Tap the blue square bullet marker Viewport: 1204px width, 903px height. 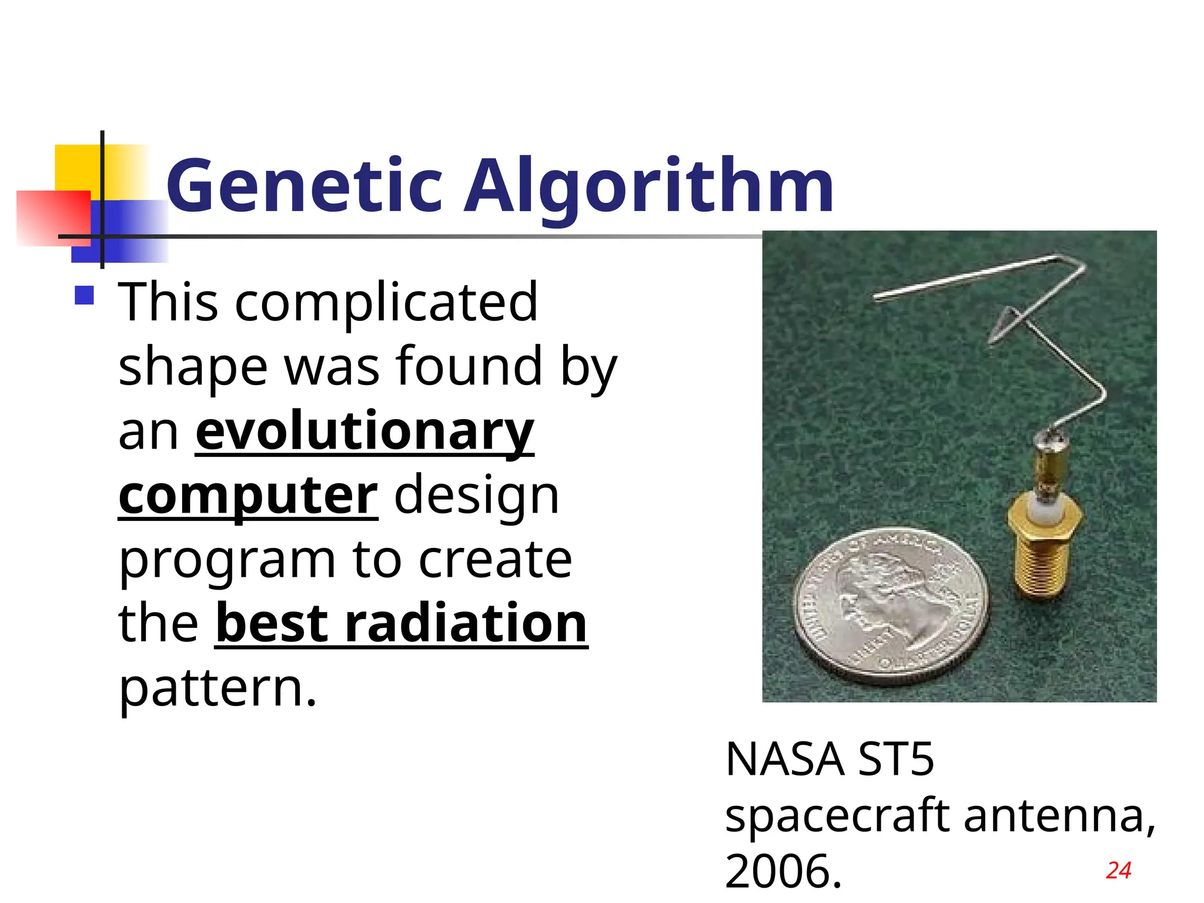point(85,295)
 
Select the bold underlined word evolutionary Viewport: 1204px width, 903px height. point(364,431)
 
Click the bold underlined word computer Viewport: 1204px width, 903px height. point(248,496)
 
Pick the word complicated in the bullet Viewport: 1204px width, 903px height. point(386,302)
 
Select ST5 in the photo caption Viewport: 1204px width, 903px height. point(895,760)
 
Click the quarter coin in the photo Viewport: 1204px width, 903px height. point(891,606)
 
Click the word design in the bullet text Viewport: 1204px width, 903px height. point(476,496)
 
